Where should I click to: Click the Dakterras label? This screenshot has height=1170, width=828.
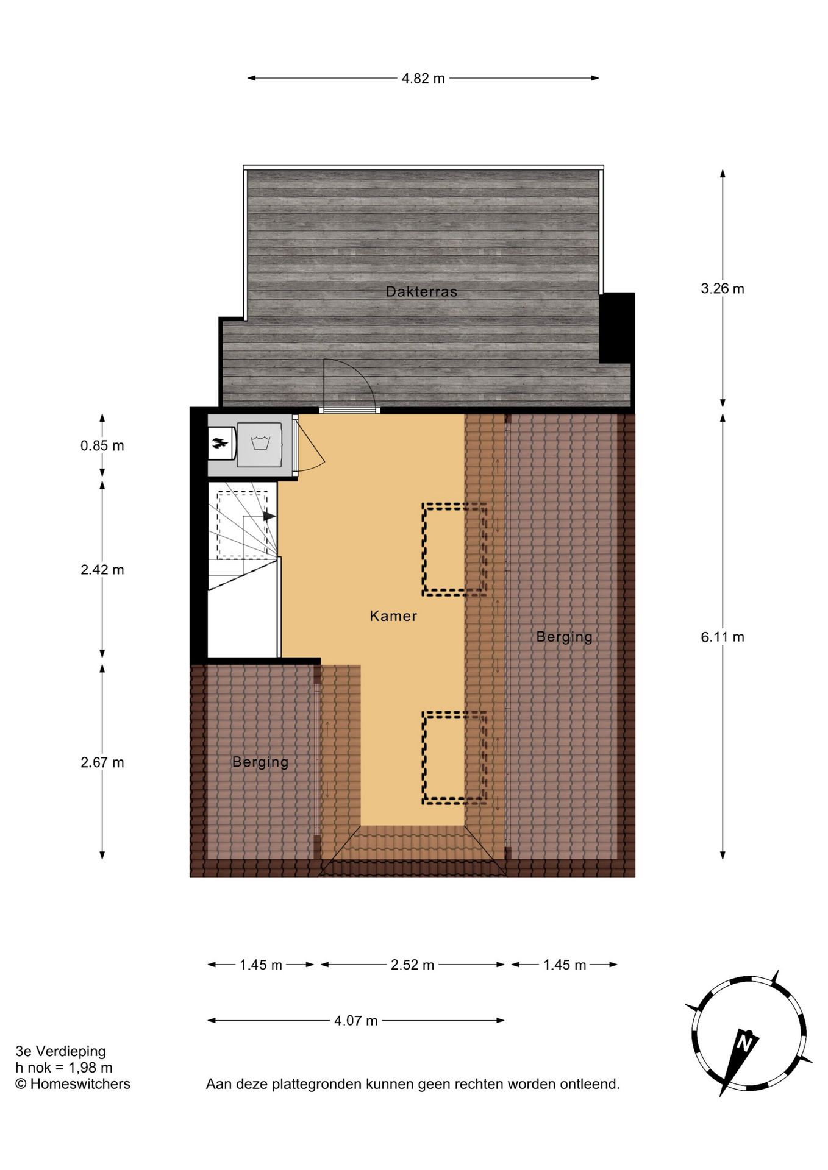pos(421,291)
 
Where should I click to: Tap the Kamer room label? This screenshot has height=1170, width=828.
pos(393,615)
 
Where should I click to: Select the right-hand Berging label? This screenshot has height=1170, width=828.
pos(564,637)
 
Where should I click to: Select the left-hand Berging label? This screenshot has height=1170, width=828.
pos(260,762)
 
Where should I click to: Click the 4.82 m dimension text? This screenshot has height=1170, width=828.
pos(423,79)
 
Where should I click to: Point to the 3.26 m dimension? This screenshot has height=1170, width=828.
pos(722,289)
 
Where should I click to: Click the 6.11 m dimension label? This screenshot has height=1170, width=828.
pos(722,637)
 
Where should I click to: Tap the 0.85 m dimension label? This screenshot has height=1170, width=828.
pos(102,445)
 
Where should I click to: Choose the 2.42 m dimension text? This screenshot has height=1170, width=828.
pos(102,570)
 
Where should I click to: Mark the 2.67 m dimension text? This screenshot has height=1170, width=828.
pos(102,762)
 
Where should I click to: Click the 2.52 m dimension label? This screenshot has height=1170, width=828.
pos(412,965)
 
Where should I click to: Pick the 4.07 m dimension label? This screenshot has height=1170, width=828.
pos(355,1020)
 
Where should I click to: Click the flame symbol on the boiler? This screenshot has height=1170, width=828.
pos(219,443)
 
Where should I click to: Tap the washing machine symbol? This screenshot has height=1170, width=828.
pos(260,443)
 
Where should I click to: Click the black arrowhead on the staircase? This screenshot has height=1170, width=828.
pos(269,516)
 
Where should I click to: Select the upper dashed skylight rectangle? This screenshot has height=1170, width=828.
pos(454,549)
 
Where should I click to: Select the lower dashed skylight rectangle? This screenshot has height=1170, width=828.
pos(454,757)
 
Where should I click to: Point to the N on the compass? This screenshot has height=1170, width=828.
pos(744,1041)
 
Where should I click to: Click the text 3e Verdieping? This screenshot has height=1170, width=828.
pos(61,1051)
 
